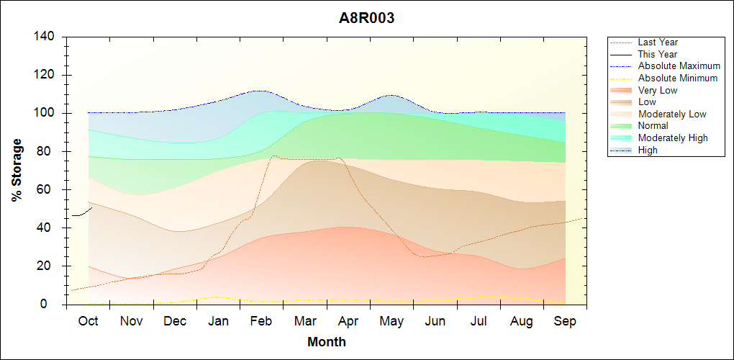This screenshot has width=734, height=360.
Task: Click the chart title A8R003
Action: pos(367,19)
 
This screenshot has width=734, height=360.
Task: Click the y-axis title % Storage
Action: pos(17,174)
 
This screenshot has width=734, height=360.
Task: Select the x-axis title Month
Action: pos(327,342)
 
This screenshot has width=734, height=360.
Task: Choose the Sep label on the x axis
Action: pos(565,321)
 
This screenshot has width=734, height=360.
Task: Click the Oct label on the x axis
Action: pos(88,321)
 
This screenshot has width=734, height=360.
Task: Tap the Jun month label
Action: pos(435,321)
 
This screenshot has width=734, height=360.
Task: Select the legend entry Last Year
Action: pos(658,42)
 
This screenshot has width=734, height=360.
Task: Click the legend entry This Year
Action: pos(658,54)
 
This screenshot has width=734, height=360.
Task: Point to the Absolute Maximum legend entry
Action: pos(679,66)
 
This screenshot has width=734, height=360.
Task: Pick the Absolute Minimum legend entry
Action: pos(678,78)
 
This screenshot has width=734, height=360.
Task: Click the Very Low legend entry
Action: pos(658,90)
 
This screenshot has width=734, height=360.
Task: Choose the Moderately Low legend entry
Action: pos(672,114)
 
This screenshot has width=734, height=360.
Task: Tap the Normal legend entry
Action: pos(653,126)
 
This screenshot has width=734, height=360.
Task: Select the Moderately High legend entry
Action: pos(673,138)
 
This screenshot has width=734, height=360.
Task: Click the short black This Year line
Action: pos(81,213)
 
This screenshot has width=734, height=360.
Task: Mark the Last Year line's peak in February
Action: pos(274,156)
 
